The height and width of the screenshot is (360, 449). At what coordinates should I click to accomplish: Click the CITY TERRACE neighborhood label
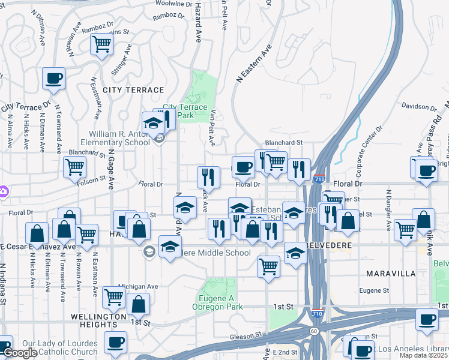133,89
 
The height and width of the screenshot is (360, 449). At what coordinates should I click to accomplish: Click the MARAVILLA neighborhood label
391,274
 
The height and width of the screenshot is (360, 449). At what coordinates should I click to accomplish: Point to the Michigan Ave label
138,287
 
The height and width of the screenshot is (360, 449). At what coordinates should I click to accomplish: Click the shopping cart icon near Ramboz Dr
102,44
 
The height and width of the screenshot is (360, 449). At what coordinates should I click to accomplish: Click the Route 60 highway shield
314,330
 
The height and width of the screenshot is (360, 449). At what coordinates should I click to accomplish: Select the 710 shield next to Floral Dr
319,179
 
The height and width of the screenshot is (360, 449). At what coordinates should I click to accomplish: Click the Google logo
20,353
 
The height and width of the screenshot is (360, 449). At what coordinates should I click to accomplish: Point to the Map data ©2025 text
424,356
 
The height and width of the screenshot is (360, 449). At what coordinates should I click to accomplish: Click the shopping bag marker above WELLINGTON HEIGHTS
139,304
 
